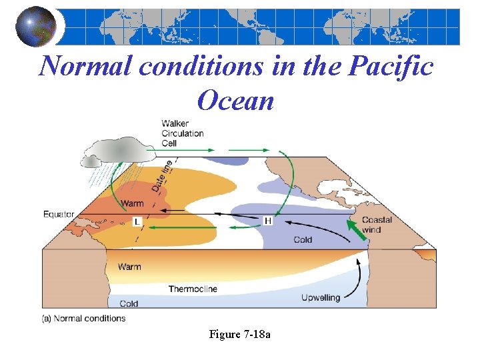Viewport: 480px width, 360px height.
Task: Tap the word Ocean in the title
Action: click(x=236, y=101)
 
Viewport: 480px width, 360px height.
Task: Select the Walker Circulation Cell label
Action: click(x=182, y=133)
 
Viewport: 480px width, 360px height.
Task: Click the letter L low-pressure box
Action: click(x=136, y=221)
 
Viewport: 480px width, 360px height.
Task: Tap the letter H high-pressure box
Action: click(x=268, y=221)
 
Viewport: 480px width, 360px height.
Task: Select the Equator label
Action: click(x=59, y=214)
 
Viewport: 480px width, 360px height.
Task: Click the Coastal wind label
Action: click(x=377, y=225)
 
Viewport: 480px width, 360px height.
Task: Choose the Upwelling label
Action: click(x=320, y=297)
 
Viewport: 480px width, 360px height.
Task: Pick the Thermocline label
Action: click(x=193, y=289)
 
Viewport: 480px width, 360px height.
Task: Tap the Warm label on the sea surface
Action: click(x=131, y=203)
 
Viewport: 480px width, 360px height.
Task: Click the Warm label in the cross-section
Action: click(x=129, y=267)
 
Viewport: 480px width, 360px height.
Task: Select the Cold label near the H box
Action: click(x=303, y=240)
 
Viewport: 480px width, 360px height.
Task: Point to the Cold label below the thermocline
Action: click(x=129, y=303)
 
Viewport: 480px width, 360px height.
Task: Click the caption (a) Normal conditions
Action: click(x=83, y=319)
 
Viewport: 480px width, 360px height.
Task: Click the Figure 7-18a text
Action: click(x=240, y=334)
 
